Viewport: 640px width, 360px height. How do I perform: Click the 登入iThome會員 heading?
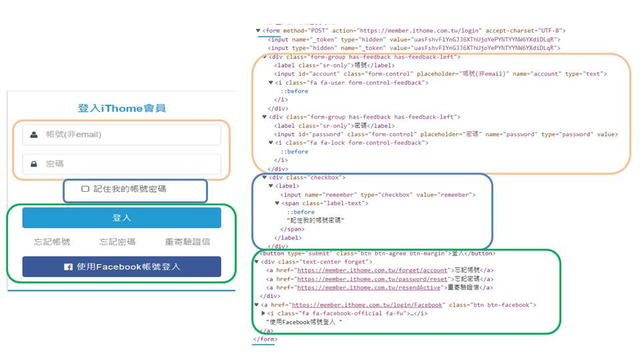click(x=121, y=108)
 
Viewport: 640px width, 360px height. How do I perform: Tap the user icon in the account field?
click(x=34, y=135)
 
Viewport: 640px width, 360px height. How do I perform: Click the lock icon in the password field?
click(x=34, y=164)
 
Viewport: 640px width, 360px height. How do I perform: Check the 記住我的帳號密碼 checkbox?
click(x=85, y=189)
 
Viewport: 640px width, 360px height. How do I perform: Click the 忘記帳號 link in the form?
click(x=52, y=242)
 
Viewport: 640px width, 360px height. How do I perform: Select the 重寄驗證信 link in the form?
click(x=188, y=242)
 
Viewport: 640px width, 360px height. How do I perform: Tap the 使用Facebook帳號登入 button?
click(x=121, y=267)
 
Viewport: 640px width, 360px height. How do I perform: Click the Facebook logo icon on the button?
click(x=68, y=267)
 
